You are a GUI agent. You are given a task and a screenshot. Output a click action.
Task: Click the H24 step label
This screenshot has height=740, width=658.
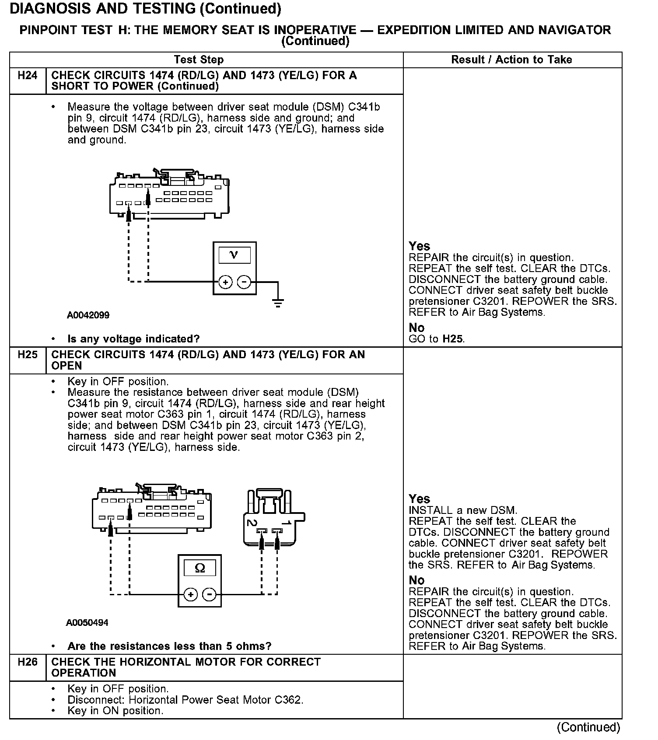tap(28, 76)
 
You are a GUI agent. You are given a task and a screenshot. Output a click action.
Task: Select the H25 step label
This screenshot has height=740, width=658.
tap(28, 355)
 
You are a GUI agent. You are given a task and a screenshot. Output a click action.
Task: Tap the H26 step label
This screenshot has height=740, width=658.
tap(28, 662)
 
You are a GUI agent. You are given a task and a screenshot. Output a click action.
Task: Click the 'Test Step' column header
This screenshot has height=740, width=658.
tap(199, 60)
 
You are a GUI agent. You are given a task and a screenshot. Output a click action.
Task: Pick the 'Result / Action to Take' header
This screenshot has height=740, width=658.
tap(511, 60)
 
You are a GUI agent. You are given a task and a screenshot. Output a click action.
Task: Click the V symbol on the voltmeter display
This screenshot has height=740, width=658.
tap(234, 255)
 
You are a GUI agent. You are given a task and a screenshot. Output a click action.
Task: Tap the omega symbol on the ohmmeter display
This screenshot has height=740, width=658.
tap(199, 568)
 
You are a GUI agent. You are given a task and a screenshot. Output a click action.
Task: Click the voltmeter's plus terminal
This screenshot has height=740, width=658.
tap(225, 282)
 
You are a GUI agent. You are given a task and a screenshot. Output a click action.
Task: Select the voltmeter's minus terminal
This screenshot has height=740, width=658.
tap(244, 282)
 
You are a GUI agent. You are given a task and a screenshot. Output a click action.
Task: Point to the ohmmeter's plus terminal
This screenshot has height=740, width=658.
tap(190, 594)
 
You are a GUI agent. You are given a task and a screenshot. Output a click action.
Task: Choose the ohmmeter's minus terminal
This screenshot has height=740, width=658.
tap(209, 594)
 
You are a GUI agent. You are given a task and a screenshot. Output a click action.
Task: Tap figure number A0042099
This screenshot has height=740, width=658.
tap(88, 315)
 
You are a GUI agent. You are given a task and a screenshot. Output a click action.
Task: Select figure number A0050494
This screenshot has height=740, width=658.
tap(87, 623)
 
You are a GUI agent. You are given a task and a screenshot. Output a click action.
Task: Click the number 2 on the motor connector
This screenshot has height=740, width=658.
tap(252, 523)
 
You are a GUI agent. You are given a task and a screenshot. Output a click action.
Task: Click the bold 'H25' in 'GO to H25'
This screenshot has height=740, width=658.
tap(452, 339)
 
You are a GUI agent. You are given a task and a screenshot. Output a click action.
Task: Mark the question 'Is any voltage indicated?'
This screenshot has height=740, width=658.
tap(133, 339)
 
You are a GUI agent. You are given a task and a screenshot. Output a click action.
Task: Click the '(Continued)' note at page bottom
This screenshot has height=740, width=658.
tap(588, 727)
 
